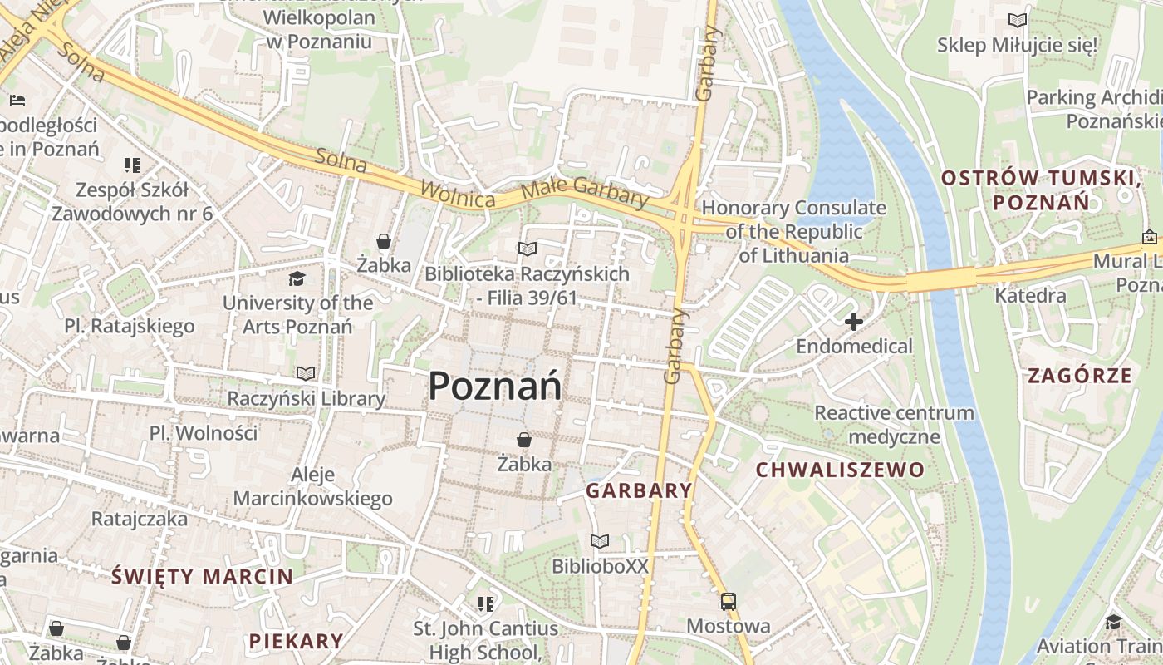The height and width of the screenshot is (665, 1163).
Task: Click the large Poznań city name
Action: (495, 387)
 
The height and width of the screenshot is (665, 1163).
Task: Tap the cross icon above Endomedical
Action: (853, 322)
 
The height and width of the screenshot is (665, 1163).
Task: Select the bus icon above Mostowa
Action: (729, 602)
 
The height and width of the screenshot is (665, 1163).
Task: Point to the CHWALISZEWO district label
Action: (840, 470)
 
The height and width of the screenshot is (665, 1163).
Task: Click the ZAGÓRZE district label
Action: (1080, 376)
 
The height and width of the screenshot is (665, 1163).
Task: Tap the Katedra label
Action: (1030, 295)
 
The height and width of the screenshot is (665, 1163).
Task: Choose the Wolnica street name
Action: (458, 194)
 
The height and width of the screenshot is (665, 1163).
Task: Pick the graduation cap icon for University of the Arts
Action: (297, 278)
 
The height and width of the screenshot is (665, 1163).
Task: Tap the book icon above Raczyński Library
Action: (306, 374)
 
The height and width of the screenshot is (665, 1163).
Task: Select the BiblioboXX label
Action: (600, 566)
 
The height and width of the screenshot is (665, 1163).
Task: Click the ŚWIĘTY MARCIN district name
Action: (202, 576)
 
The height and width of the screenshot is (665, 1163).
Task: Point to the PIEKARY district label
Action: (296, 641)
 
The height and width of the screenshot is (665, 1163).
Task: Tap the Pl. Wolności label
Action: (204, 433)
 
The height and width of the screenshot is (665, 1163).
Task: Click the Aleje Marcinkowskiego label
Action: (312, 487)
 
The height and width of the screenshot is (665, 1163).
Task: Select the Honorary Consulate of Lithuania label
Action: (794, 232)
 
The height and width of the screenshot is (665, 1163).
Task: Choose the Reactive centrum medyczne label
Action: (894, 425)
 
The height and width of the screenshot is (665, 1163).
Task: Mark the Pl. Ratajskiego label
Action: (130, 326)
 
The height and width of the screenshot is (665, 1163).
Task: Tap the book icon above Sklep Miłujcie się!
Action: (1017, 20)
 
